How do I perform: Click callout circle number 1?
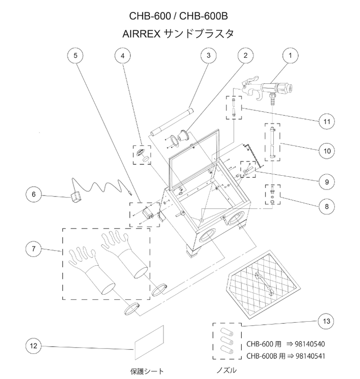point(289,55)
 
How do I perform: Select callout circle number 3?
point(208,55)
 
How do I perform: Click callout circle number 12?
point(34,346)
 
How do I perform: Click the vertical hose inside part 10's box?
point(272,142)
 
